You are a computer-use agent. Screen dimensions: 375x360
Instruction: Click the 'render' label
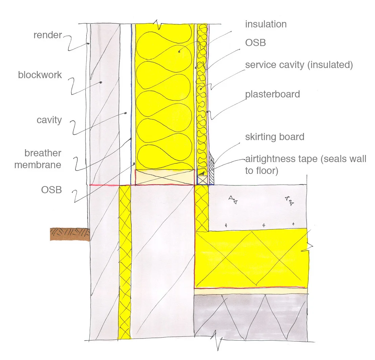[48, 35]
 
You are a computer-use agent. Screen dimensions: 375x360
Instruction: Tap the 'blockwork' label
[40, 75]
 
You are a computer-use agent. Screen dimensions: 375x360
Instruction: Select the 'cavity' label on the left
[49, 120]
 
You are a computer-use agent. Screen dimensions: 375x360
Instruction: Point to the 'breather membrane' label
[43, 159]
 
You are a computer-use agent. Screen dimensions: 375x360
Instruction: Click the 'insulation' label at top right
[266, 24]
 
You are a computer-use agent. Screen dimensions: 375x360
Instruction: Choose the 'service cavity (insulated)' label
[299, 65]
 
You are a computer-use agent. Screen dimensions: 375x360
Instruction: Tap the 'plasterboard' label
[272, 94]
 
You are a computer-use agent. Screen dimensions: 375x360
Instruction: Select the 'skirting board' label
[274, 137]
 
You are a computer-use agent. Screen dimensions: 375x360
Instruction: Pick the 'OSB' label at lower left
[51, 190]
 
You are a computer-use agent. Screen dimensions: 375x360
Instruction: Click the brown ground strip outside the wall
[69, 234]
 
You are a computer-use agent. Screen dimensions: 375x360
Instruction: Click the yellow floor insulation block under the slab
[252, 259]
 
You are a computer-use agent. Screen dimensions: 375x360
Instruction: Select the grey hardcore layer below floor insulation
[250, 316]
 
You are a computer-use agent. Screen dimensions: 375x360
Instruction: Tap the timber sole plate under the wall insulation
[165, 177]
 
